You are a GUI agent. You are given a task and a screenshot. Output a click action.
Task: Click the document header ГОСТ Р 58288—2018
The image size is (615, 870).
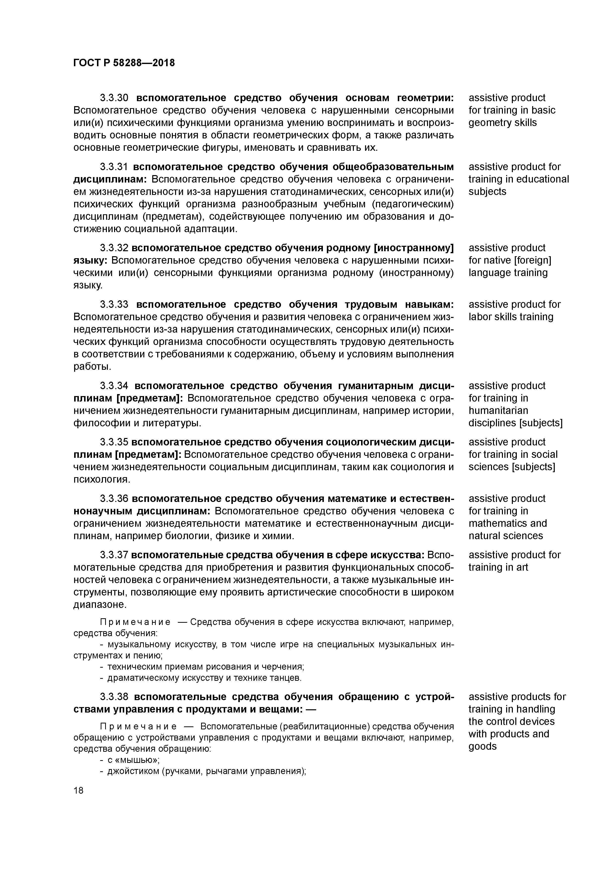click(x=124, y=63)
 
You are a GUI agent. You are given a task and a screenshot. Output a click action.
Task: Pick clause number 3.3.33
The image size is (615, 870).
click(x=114, y=305)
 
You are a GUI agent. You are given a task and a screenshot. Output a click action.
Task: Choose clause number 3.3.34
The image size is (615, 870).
click(x=114, y=386)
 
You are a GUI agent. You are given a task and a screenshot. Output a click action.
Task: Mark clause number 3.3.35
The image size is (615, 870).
click(x=114, y=442)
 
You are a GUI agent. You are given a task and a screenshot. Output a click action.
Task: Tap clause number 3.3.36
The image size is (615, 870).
click(x=114, y=499)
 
